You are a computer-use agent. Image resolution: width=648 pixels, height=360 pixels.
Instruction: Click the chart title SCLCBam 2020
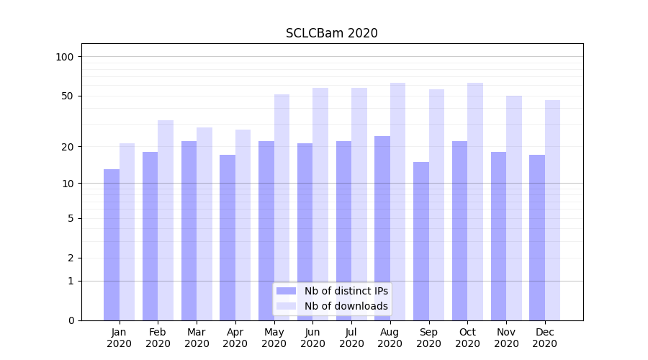(x=331, y=33)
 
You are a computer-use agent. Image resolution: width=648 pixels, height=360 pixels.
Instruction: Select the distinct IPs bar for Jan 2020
(x=112, y=245)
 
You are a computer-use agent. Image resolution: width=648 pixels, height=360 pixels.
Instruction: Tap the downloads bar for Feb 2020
(x=166, y=220)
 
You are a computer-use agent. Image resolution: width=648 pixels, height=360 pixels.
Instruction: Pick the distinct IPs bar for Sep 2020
(x=421, y=241)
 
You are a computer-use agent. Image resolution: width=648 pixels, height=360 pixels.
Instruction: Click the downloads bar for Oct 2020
(x=475, y=202)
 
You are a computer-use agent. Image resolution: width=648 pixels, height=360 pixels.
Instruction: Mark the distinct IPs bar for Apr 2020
(x=228, y=238)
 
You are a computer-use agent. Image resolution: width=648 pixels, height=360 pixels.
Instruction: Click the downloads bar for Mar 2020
(x=204, y=224)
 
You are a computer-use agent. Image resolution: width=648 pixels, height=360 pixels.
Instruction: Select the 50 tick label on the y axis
(x=67, y=96)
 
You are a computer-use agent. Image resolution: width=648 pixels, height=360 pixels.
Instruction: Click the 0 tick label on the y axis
(x=71, y=320)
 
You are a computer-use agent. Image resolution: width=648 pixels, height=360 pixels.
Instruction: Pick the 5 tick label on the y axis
(x=71, y=218)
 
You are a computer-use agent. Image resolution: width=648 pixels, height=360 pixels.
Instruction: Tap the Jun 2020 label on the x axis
(x=312, y=338)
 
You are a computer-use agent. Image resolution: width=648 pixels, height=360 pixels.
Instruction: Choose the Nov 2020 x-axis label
(x=506, y=338)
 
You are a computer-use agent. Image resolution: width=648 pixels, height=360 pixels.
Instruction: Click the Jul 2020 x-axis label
(x=351, y=338)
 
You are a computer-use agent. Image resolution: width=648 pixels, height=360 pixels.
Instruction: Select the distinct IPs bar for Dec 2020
(x=537, y=238)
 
